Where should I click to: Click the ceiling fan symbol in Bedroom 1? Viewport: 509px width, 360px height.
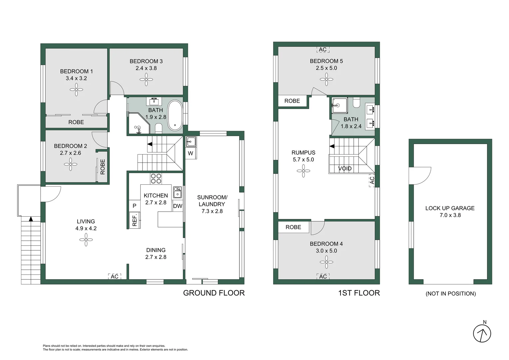(x=76, y=89)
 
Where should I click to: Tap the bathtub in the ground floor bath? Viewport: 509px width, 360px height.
(x=175, y=115)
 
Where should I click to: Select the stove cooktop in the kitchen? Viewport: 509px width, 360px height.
(x=156, y=179)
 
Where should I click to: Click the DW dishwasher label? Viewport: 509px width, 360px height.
(x=178, y=206)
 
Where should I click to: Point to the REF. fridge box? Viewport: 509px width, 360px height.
(x=135, y=220)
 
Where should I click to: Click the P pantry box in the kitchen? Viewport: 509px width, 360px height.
(x=135, y=206)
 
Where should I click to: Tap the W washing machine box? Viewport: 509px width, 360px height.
(x=191, y=153)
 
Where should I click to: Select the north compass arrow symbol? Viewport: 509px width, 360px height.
(x=482, y=333)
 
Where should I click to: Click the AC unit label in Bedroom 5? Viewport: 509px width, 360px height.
(x=323, y=50)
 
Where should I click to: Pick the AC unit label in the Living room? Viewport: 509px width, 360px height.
(x=115, y=276)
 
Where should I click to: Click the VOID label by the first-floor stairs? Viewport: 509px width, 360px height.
(x=345, y=168)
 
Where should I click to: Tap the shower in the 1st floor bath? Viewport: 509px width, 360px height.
(x=339, y=105)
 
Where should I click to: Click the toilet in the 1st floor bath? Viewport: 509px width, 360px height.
(x=356, y=102)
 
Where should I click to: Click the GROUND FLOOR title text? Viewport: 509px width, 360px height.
(x=214, y=293)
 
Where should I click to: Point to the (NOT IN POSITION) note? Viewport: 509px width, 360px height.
(x=450, y=294)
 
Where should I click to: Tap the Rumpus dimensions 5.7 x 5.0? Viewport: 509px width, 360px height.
(x=303, y=160)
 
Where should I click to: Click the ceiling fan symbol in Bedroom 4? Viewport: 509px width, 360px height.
(x=326, y=262)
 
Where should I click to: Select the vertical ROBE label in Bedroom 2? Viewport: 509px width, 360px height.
(x=103, y=167)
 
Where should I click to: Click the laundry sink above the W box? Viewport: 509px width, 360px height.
(x=191, y=142)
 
